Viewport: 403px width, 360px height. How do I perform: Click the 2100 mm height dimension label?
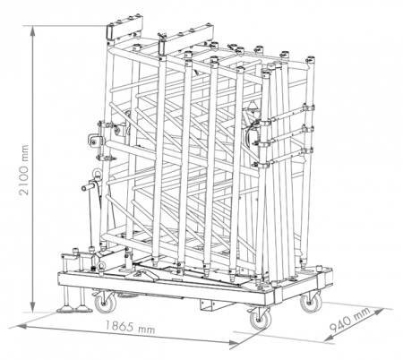point(24,170)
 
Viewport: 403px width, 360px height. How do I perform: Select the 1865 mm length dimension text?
point(130,328)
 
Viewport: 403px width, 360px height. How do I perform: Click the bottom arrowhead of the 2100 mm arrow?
point(33,307)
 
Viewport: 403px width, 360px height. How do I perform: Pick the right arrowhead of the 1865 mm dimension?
point(234,343)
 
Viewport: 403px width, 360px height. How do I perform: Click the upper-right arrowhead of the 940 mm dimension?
point(379,312)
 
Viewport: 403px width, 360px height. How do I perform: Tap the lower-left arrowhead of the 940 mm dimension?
point(329,338)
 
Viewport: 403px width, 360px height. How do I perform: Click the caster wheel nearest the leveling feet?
point(104,303)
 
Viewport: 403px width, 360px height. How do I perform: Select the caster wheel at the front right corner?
point(260,319)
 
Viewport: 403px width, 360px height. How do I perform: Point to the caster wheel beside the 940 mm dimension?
point(311,302)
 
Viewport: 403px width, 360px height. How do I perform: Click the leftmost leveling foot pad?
point(66,309)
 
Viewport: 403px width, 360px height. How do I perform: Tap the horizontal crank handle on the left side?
point(89,187)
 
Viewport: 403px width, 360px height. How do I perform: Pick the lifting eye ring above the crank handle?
point(97,174)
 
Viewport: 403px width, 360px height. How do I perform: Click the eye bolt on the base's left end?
point(101,266)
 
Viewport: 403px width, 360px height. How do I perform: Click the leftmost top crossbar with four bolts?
point(125,28)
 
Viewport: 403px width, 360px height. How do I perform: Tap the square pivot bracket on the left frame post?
point(95,141)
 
